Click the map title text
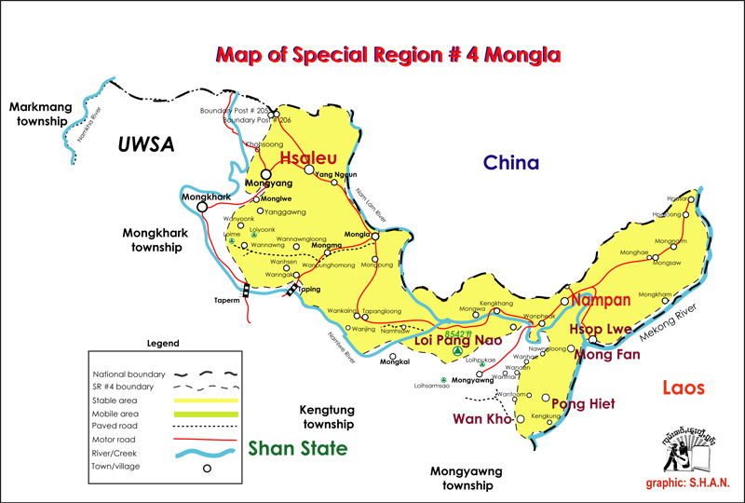click(387, 55)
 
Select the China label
click(510, 163)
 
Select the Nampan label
click(601, 300)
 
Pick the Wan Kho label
click(482, 419)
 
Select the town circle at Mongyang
click(266, 174)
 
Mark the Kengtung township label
click(327, 416)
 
